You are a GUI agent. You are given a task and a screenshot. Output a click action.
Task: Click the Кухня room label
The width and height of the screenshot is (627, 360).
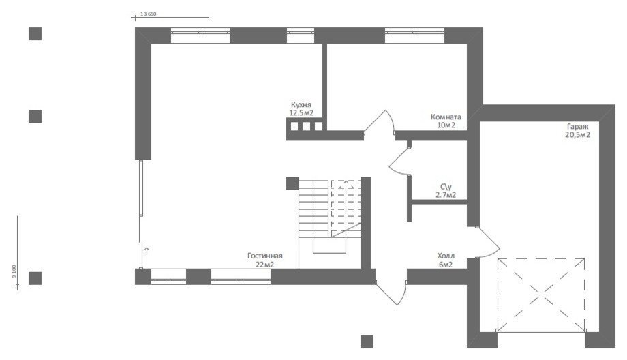(x=301, y=105)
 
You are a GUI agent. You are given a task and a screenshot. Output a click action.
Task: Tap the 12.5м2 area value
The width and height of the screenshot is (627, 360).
(x=301, y=113)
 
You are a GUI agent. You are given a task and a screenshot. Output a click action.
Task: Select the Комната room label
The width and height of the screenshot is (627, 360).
(x=446, y=117)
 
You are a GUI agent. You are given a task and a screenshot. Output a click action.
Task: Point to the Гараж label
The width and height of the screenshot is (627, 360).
(x=577, y=127)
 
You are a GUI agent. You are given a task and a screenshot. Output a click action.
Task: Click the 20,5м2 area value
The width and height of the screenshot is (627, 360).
(x=577, y=135)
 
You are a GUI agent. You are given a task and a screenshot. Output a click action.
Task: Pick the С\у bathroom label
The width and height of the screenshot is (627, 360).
(x=446, y=187)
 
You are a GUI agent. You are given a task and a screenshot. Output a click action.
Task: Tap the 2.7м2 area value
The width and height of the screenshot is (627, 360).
(x=446, y=195)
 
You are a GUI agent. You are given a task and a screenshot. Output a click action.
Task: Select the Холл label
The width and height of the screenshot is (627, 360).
(x=446, y=256)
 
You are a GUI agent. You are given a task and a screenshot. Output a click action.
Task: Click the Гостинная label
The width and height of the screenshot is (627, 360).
(x=264, y=256)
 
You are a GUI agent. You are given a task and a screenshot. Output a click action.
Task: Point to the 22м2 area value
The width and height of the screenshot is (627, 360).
(x=264, y=265)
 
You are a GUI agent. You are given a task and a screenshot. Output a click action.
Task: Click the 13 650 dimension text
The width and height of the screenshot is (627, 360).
(x=149, y=14)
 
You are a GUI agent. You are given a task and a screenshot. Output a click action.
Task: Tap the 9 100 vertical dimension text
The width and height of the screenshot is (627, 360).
(x=14, y=271)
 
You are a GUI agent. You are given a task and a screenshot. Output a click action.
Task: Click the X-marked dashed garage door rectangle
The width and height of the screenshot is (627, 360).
(x=541, y=295)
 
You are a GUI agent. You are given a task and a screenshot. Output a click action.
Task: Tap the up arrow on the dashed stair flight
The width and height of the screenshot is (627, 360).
(x=346, y=184)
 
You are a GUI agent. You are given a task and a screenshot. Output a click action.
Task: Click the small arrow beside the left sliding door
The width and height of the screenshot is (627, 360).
(x=147, y=251)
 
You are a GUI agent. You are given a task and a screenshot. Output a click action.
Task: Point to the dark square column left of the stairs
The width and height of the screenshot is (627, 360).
(x=292, y=183)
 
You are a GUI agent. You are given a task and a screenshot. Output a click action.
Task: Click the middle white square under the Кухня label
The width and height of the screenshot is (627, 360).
(x=306, y=126)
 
